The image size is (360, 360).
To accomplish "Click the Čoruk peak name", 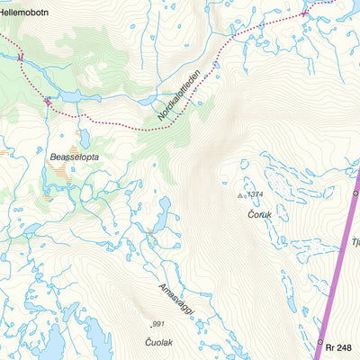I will coord(260,214).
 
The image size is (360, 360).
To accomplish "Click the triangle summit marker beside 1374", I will coord(240,194).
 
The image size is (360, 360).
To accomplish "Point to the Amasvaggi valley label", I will coord(176,297).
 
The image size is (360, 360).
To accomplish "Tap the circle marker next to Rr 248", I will coord(319,343).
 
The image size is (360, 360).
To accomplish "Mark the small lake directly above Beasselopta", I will coord(84,138).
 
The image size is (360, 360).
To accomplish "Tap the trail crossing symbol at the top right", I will coord(306,12).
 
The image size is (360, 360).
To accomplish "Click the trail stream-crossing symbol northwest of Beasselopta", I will coord(46,101).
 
